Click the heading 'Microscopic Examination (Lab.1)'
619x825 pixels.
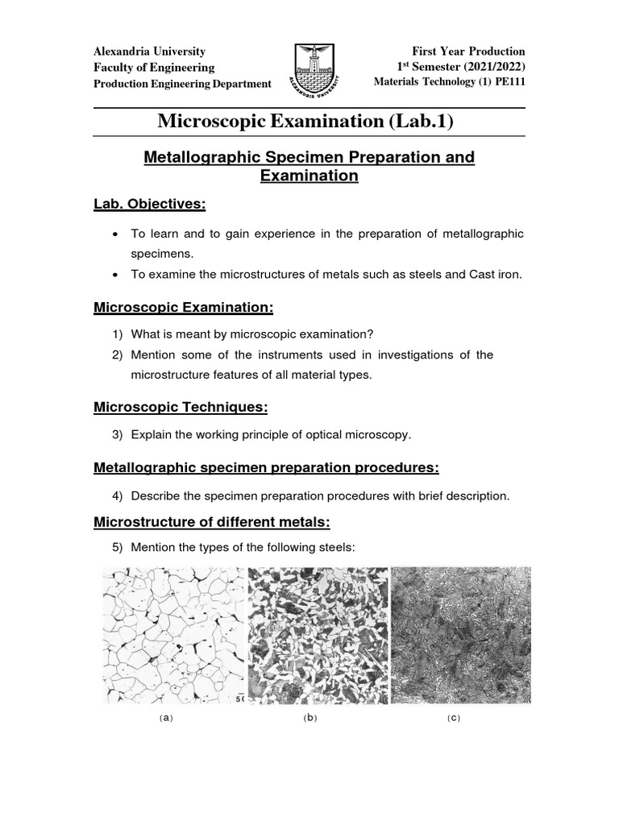305,122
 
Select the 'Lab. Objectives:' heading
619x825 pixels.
150,205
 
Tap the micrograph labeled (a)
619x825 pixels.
173,635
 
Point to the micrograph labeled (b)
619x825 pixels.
318,635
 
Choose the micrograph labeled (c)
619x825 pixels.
461,635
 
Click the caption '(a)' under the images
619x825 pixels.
166,718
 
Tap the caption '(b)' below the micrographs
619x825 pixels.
310,718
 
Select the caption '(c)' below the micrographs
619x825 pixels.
454,718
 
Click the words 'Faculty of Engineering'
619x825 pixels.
154,68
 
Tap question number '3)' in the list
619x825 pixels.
117,435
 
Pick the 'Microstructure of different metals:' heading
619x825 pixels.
212,522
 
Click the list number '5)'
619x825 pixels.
117,548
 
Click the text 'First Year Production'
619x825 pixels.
468,52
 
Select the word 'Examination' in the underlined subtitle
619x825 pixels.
309,175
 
